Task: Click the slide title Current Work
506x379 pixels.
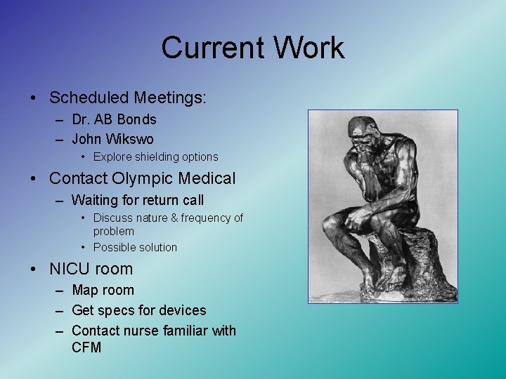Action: click(x=252, y=48)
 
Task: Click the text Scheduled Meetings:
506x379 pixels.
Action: click(x=128, y=98)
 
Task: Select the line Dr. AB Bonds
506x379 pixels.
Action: click(x=114, y=120)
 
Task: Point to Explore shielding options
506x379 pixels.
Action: click(x=155, y=157)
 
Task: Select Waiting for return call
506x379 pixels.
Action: click(x=138, y=201)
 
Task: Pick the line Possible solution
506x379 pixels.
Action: click(x=135, y=247)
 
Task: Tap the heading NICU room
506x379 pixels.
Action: click(x=91, y=269)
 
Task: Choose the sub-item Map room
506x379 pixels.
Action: click(x=103, y=291)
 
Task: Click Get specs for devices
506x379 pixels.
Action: click(x=139, y=310)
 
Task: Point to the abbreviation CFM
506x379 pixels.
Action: click(x=86, y=347)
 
